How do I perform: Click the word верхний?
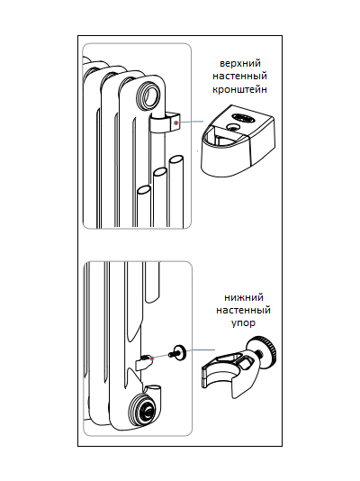tap(240, 63)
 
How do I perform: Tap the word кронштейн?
tap(240, 89)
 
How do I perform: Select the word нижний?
tap(244, 297)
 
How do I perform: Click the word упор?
tap(243, 323)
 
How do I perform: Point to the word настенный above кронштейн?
tap(240, 76)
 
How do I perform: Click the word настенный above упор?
tap(244, 310)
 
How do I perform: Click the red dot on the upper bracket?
tap(175, 123)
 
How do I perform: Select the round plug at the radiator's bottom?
tap(144, 409)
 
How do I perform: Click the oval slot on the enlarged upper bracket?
tap(243, 117)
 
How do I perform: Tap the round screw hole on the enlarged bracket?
tap(232, 128)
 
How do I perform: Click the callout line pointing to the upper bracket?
tap(191, 122)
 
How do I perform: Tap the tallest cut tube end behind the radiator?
tap(176, 160)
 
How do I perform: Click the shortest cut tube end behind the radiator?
tap(144, 189)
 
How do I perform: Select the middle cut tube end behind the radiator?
tap(160, 172)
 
